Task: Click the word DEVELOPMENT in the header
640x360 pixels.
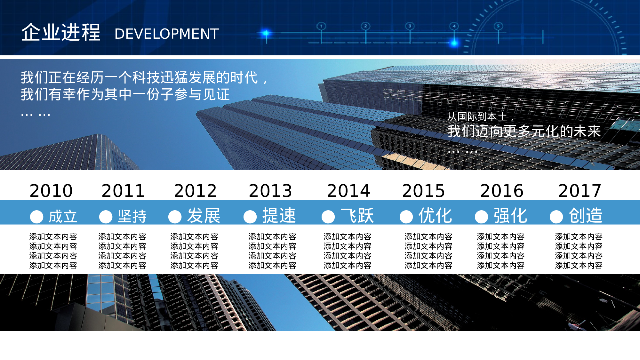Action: [167, 34]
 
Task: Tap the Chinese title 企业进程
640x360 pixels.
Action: [61, 32]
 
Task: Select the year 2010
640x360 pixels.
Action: [51, 191]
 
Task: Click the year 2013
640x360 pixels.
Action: [270, 191]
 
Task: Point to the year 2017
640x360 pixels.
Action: [580, 191]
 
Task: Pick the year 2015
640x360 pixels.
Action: [423, 191]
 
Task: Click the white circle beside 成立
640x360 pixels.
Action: [36, 217]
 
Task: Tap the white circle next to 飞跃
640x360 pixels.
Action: [328, 217]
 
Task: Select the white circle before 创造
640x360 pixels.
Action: [556, 217]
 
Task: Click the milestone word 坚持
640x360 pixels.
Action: [132, 216]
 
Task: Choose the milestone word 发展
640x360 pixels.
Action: [204, 215]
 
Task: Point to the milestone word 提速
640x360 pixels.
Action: [279, 215]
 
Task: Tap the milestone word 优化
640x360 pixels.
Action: [435, 215]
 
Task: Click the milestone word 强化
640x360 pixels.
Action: [510, 215]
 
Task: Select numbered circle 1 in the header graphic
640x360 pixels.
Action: [321, 26]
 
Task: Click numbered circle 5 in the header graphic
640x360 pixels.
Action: [498, 26]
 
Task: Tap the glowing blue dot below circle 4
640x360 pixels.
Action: [454, 43]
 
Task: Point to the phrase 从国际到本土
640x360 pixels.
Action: [477, 117]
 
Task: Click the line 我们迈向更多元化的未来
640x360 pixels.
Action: [524, 131]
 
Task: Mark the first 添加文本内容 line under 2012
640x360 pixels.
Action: [194, 236]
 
